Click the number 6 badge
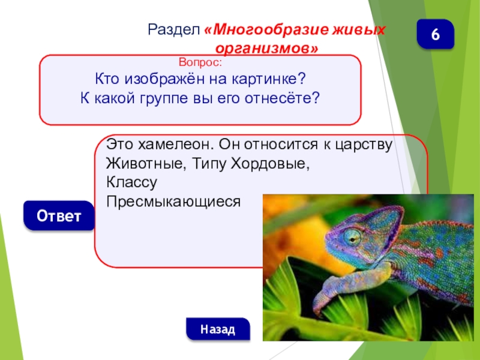point(436,35)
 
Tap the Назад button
point(217,329)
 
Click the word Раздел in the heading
point(175,29)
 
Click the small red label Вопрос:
point(200,62)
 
